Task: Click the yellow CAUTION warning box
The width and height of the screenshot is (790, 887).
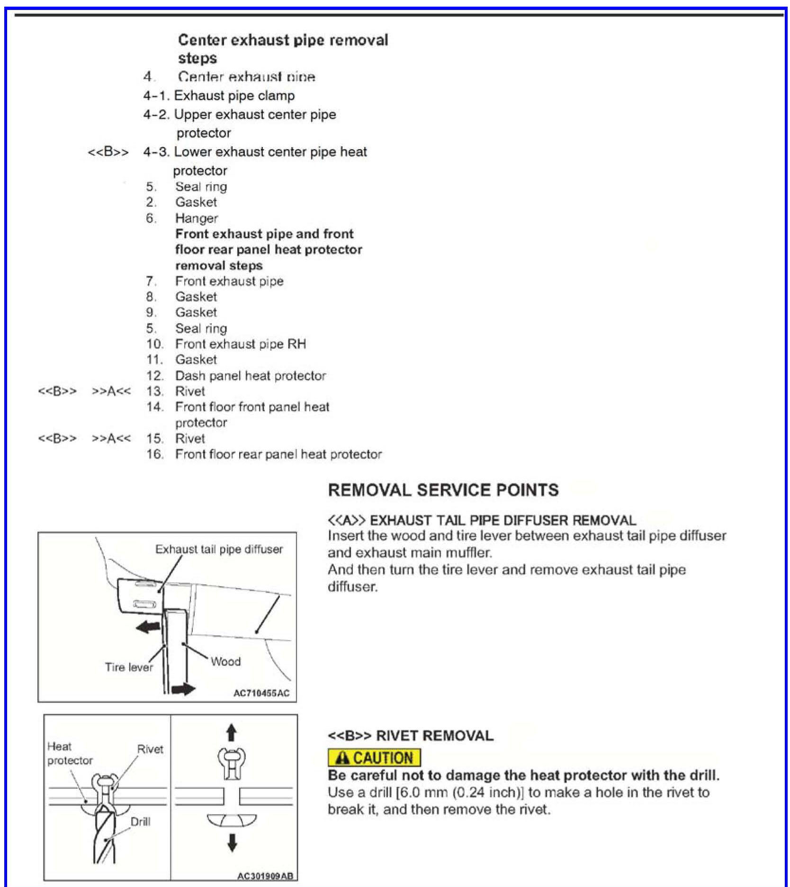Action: click(374, 758)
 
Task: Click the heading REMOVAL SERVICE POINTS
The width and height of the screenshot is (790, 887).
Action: click(443, 490)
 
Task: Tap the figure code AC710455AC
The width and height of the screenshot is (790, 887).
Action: click(261, 693)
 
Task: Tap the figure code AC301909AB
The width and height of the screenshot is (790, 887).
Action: click(265, 876)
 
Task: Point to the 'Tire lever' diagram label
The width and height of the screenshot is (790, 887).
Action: click(129, 667)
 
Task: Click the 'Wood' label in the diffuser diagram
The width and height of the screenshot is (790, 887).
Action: click(225, 661)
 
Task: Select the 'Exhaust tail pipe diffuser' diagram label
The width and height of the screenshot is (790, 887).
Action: click(219, 549)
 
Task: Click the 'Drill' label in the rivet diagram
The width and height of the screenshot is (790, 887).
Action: click(140, 822)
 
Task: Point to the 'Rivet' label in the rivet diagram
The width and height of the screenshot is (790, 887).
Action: click(150, 749)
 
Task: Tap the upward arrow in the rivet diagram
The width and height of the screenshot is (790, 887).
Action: click(231, 733)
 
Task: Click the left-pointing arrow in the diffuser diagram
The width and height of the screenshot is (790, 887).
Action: click(148, 628)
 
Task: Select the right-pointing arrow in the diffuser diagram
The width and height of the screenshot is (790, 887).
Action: click(183, 689)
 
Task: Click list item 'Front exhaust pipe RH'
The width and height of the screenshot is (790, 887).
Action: click(240, 344)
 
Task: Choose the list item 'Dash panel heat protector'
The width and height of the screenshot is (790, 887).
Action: click(250, 376)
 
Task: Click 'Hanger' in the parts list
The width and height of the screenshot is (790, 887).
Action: click(197, 218)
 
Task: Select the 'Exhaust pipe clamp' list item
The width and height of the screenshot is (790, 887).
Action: click(234, 96)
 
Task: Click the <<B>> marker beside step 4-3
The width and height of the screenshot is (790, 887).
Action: click(108, 152)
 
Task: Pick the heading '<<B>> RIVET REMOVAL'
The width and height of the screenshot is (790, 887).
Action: click(410, 736)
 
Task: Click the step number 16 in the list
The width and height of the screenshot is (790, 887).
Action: click(154, 454)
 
